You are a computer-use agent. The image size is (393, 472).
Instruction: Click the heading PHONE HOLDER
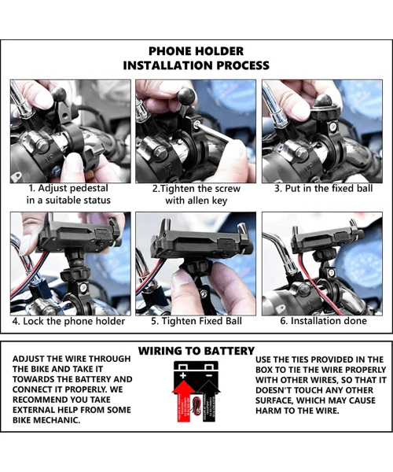(x=196, y=51)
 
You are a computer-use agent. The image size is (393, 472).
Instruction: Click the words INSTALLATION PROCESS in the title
(x=196, y=66)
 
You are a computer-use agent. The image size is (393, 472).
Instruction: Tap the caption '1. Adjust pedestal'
(x=68, y=189)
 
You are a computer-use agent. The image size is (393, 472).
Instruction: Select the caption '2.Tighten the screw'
(x=196, y=189)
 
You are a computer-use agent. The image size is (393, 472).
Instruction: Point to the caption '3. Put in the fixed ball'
(x=324, y=189)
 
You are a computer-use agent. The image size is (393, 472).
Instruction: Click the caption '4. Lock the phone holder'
(x=68, y=321)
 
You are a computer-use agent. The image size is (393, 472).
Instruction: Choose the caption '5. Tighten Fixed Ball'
(x=196, y=321)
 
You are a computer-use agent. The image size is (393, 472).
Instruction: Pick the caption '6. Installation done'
(x=324, y=321)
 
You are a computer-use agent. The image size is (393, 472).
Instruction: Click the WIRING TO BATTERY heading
(x=196, y=350)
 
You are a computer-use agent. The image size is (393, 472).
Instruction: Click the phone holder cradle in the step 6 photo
(x=325, y=239)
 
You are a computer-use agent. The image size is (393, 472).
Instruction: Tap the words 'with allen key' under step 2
(x=196, y=201)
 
